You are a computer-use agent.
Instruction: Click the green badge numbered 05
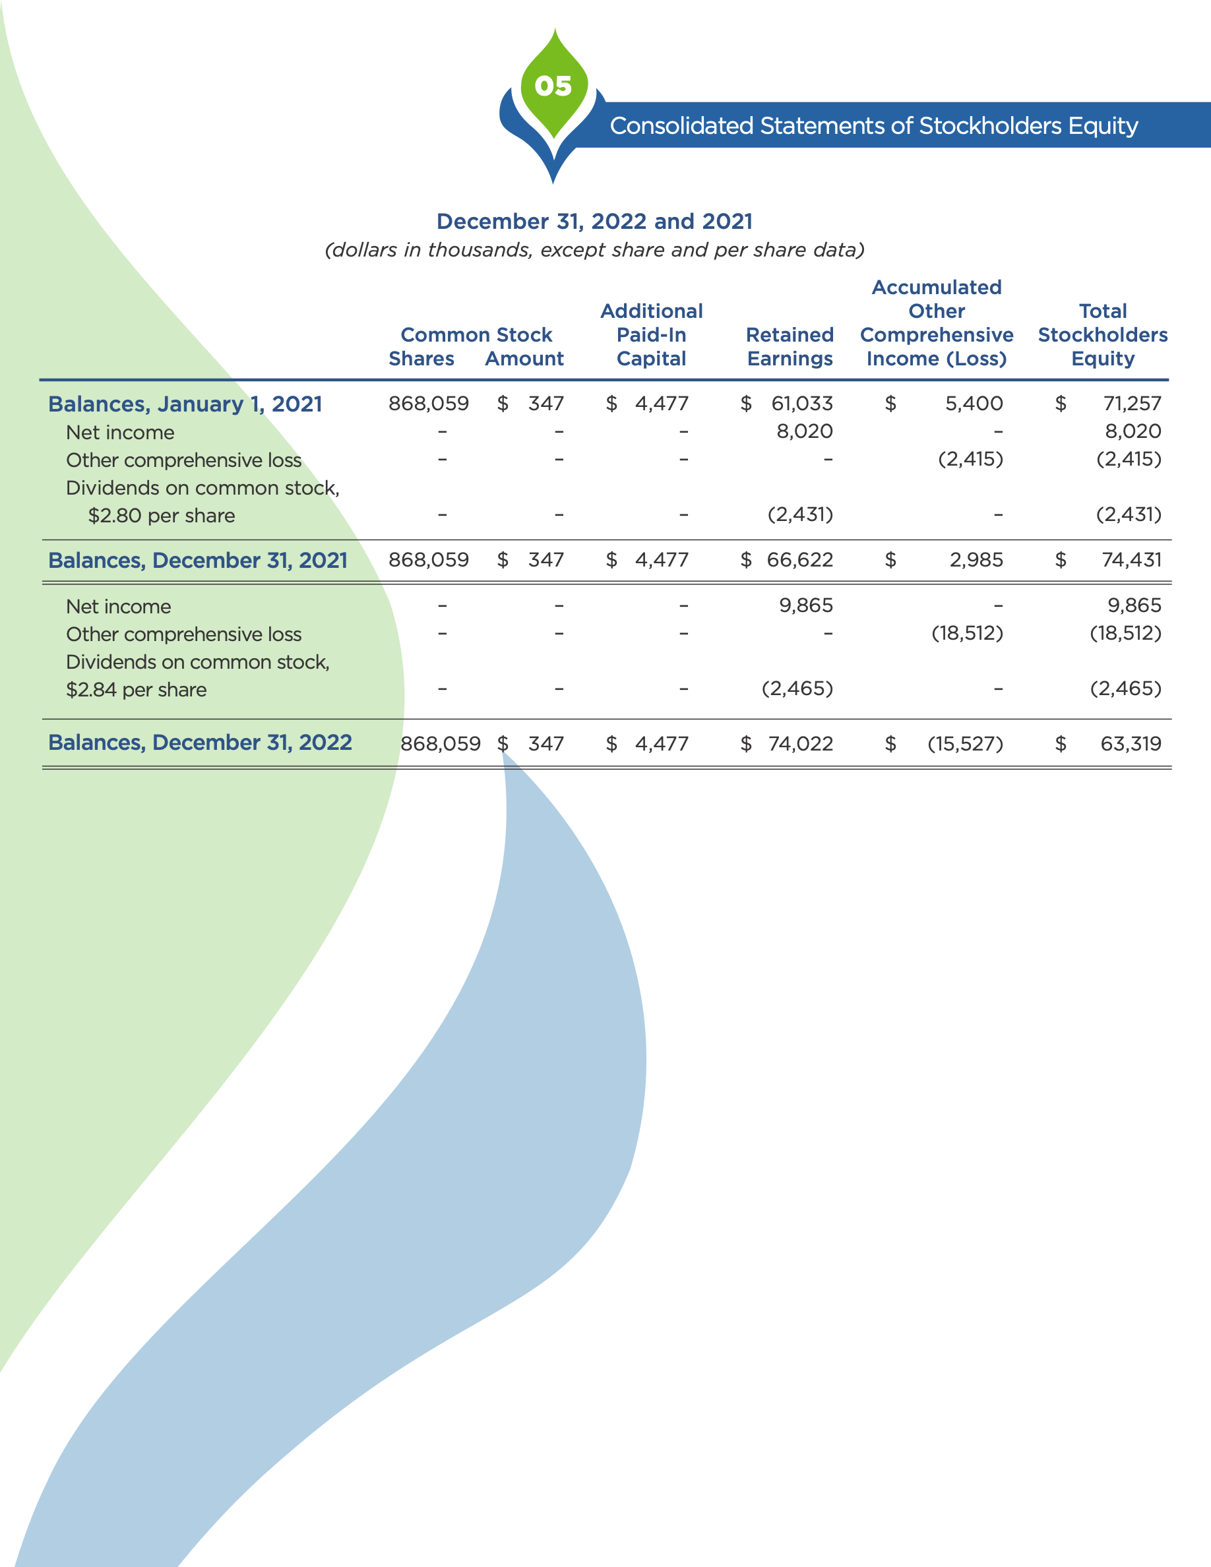(x=554, y=86)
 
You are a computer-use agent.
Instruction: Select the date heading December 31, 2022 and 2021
(x=594, y=221)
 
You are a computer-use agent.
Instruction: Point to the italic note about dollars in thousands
(x=594, y=250)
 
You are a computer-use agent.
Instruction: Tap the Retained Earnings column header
(x=790, y=346)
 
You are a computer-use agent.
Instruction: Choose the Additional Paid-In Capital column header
(x=652, y=335)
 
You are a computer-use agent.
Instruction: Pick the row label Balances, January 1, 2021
(x=185, y=404)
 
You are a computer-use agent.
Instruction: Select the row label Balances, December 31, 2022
(x=199, y=742)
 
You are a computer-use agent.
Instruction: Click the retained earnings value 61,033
(x=802, y=403)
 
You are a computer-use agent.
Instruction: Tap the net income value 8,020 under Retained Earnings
(x=804, y=431)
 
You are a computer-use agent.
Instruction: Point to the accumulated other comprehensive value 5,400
(x=974, y=403)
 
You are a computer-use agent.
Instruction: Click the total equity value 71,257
(x=1132, y=403)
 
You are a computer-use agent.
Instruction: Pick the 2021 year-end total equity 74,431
(x=1131, y=560)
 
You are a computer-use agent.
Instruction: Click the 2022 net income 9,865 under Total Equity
(x=1134, y=605)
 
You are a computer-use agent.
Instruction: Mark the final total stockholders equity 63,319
(x=1131, y=743)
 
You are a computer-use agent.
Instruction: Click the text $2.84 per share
(x=137, y=689)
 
